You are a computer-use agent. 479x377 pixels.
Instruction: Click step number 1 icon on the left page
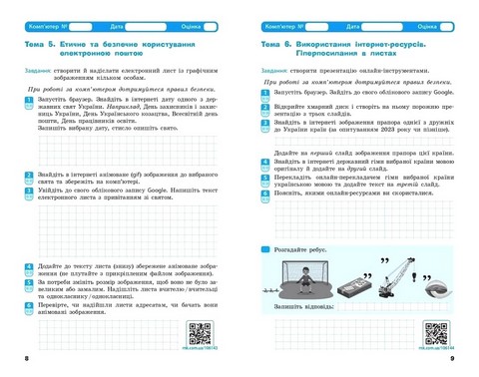click(x=28, y=102)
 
